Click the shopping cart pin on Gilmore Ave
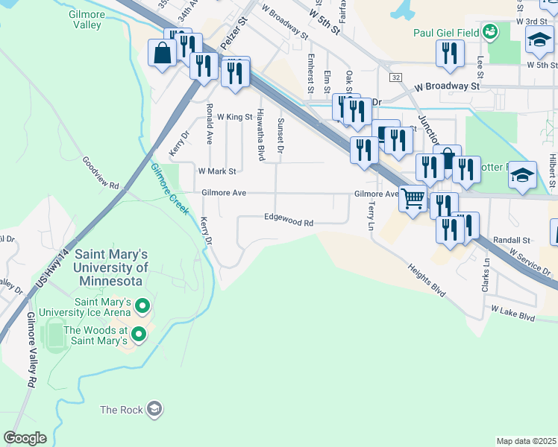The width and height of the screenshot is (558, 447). pos(413,198)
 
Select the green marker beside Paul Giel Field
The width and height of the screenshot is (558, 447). pos(489,31)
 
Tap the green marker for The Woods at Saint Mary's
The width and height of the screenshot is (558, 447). pos(139,336)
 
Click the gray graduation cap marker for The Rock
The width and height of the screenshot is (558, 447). pos(154,409)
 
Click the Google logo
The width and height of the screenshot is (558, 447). pos(25,438)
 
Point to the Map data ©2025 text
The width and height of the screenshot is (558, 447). pos(526,441)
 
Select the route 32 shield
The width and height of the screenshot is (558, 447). pos(395,77)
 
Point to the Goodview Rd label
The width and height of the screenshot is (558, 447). pos(101,173)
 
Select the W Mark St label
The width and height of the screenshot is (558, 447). pos(216,171)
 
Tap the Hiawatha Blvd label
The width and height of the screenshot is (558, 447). pos(260,123)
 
